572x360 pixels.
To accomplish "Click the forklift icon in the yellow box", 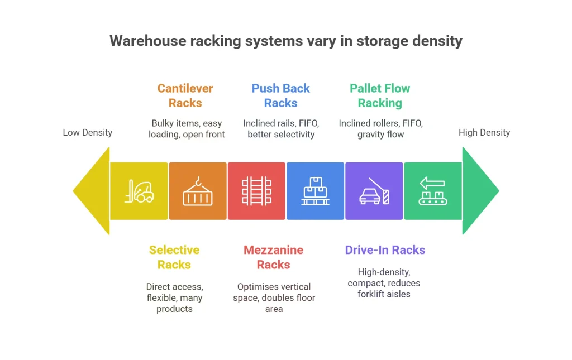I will click(139, 190).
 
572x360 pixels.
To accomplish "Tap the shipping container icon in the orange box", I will click(198, 191).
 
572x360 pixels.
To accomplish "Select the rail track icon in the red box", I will click(256, 191).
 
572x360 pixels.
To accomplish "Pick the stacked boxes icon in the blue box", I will click(315, 191).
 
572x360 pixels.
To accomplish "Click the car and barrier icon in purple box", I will click(374, 191).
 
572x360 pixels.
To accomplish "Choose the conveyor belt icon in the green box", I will click(433, 191).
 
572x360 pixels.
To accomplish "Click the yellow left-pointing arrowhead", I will click(92, 191).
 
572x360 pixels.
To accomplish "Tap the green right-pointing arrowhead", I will click(480, 191).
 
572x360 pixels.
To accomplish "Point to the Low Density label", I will click(87, 132).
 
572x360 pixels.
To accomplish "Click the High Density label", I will click(484, 132).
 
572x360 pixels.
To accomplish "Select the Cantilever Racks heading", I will click(185, 95).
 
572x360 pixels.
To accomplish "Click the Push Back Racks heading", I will click(280, 95).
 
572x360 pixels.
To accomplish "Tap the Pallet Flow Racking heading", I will click(380, 95).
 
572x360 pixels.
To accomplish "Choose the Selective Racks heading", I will click(174, 257).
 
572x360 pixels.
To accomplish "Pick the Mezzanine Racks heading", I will click(274, 257).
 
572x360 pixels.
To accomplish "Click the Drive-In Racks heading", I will click(385, 250).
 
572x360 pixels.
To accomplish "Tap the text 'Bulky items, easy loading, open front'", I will click(187, 128).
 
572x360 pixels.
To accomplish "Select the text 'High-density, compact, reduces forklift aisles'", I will click(384, 283).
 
